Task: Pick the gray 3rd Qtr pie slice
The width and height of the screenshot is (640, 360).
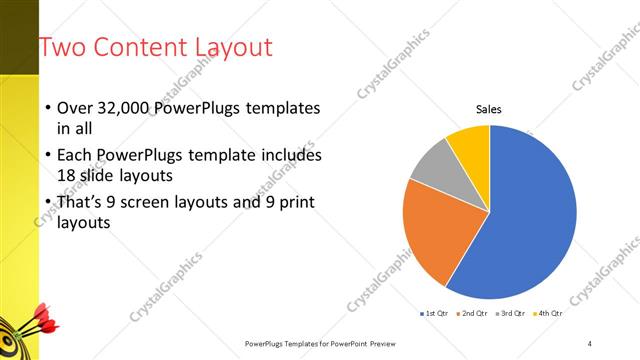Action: [431, 165]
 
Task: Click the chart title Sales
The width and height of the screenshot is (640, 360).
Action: [488, 109]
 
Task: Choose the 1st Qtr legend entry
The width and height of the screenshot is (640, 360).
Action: [436, 313]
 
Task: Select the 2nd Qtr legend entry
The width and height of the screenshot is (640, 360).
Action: [472, 313]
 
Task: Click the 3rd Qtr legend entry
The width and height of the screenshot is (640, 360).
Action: [512, 313]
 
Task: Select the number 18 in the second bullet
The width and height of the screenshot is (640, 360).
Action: [67, 175]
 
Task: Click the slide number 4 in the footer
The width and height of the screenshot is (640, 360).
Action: [589, 343]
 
